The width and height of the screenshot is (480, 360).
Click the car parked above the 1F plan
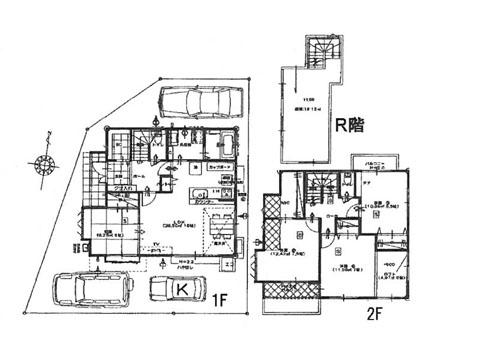200,102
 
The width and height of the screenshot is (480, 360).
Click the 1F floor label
222,297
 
